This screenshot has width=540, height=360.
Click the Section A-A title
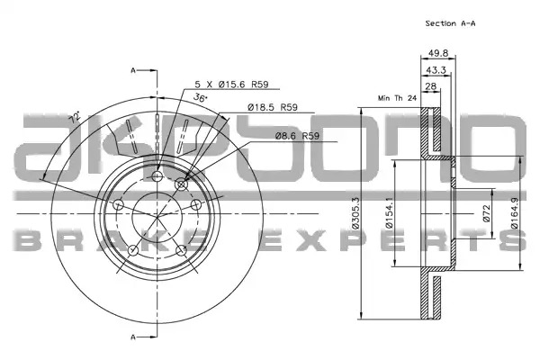click(x=450, y=23)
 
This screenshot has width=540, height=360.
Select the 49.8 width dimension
click(x=438, y=53)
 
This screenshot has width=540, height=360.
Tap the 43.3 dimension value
click(x=436, y=70)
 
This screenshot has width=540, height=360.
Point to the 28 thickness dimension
click(x=431, y=86)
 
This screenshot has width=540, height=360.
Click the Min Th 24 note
click(x=397, y=98)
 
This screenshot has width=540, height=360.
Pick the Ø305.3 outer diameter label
click(x=355, y=213)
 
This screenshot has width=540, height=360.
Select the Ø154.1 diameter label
click(x=389, y=213)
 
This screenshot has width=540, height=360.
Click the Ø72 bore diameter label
click(x=486, y=213)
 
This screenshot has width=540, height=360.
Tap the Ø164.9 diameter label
click(x=515, y=213)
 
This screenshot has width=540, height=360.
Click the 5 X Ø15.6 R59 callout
click(x=231, y=84)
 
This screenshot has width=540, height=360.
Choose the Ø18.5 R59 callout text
click(x=273, y=107)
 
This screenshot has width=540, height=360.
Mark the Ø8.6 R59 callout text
click(x=297, y=136)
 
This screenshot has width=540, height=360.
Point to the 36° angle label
click(x=201, y=97)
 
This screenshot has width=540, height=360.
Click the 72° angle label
click(x=75, y=117)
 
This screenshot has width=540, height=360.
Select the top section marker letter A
click(x=133, y=70)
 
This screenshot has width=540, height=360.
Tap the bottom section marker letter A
click(x=133, y=337)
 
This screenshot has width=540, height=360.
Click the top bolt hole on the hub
click(x=157, y=176)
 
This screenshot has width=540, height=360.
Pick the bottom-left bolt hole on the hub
click(x=133, y=250)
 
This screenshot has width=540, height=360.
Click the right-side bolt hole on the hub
click(x=196, y=204)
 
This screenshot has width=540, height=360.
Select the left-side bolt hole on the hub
click(x=118, y=204)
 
